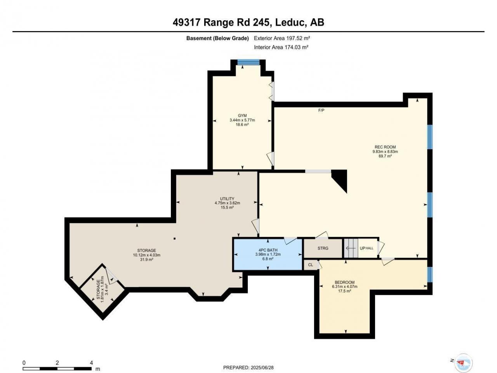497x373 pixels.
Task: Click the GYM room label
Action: (242, 115)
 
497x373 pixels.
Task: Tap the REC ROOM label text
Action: (385, 147)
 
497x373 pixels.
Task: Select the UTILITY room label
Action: (227, 199)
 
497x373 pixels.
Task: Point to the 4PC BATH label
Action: (268, 250)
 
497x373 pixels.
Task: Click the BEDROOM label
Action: (345, 282)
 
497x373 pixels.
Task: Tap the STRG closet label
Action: (323, 248)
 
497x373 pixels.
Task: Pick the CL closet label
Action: (311, 265)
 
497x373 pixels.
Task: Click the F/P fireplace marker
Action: (321, 110)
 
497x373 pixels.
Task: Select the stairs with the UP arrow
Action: (351, 248)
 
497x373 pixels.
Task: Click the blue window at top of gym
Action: (248, 62)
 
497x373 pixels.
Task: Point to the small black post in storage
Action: (175, 238)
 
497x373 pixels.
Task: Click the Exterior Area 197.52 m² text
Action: (282, 38)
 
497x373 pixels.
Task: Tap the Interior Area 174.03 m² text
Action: (281, 47)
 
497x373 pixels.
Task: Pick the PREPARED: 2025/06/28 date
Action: (248, 367)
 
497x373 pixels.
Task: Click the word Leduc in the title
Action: (290, 22)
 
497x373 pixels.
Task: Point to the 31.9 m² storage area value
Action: (146, 260)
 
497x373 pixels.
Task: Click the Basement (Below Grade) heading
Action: (217, 38)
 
